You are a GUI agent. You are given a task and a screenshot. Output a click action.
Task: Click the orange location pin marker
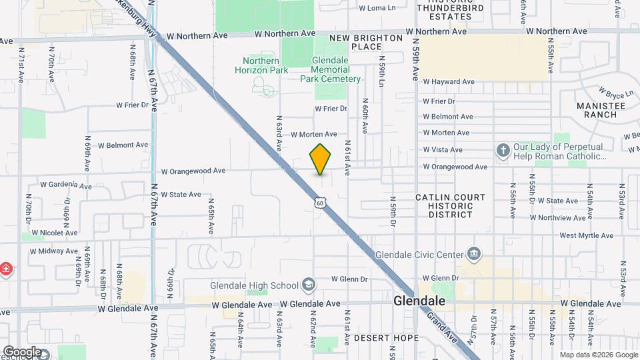coord(320,159)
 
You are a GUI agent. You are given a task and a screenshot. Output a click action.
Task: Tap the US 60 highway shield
coord(321,202)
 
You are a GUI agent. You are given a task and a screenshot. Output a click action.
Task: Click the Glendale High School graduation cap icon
coord(309,285)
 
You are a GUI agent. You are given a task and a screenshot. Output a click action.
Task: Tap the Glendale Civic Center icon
coord(474,253)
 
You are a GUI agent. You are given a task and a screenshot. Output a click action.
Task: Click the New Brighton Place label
coord(365,43)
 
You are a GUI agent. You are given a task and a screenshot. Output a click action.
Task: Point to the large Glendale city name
coord(419,301)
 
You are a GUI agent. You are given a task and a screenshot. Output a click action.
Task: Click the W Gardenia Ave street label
coord(65,185)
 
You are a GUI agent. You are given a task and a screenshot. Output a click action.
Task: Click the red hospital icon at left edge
coord(6,269)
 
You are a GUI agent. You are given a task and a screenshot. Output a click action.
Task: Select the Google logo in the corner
coord(22,351)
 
